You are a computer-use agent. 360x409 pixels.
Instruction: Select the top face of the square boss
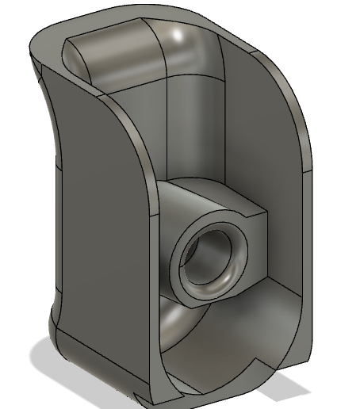click(213, 196)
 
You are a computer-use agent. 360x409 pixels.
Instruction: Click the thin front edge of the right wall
click(305, 238)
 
